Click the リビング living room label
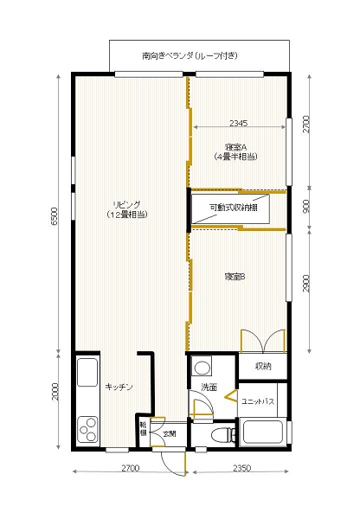tap(125, 208)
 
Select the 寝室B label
tap(235, 277)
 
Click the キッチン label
tap(119, 387)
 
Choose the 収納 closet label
tap(263, 367)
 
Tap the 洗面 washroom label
tap(209, 387)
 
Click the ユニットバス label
tap(258, 402)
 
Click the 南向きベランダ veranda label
tap(190, 55)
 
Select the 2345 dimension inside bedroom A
tap(240, 123)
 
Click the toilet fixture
tap(220, 433)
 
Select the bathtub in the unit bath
tap(263, 433)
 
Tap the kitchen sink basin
tap(88, 373)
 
